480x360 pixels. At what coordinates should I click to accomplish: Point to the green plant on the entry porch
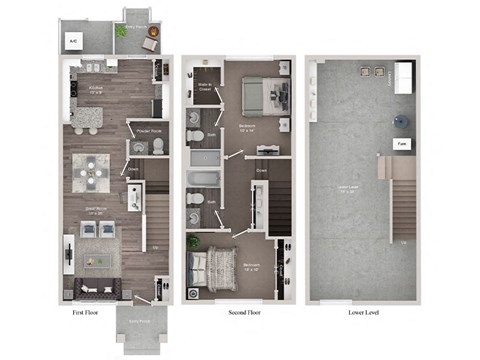point(122,32)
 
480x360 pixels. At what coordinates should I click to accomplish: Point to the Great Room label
point(96,212)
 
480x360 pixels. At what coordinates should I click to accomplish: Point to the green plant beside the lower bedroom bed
point(193,242)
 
